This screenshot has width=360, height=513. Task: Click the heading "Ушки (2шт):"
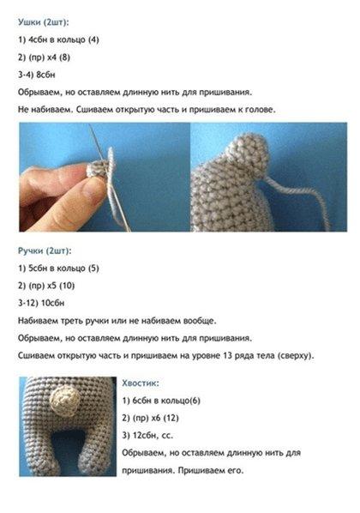44,22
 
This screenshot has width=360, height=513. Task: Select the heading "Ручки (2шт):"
45,251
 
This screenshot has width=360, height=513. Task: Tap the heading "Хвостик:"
141,383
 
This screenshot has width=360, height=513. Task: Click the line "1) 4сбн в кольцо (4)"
58,40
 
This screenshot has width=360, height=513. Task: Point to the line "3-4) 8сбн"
37,75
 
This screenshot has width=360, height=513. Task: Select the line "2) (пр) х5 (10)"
46,286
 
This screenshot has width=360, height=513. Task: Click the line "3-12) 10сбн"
41,303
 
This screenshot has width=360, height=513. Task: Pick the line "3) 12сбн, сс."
147,436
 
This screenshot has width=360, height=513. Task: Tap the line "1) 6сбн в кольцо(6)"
161,401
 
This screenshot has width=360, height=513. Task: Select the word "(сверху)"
296,356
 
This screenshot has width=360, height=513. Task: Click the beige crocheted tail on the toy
65,400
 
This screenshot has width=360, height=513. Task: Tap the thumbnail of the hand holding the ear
105,177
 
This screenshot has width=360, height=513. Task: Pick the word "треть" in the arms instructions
72,321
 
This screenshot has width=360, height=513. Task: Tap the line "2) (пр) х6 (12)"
150,418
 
